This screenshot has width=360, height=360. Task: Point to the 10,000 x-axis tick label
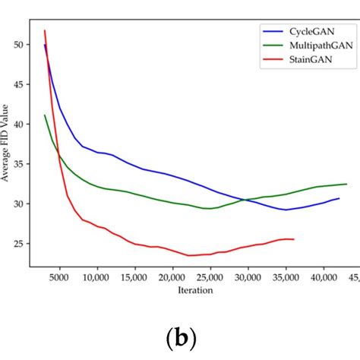point(96,279)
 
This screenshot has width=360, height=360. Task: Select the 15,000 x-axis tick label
point(134,279)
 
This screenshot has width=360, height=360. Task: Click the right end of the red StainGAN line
point(294,239)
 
